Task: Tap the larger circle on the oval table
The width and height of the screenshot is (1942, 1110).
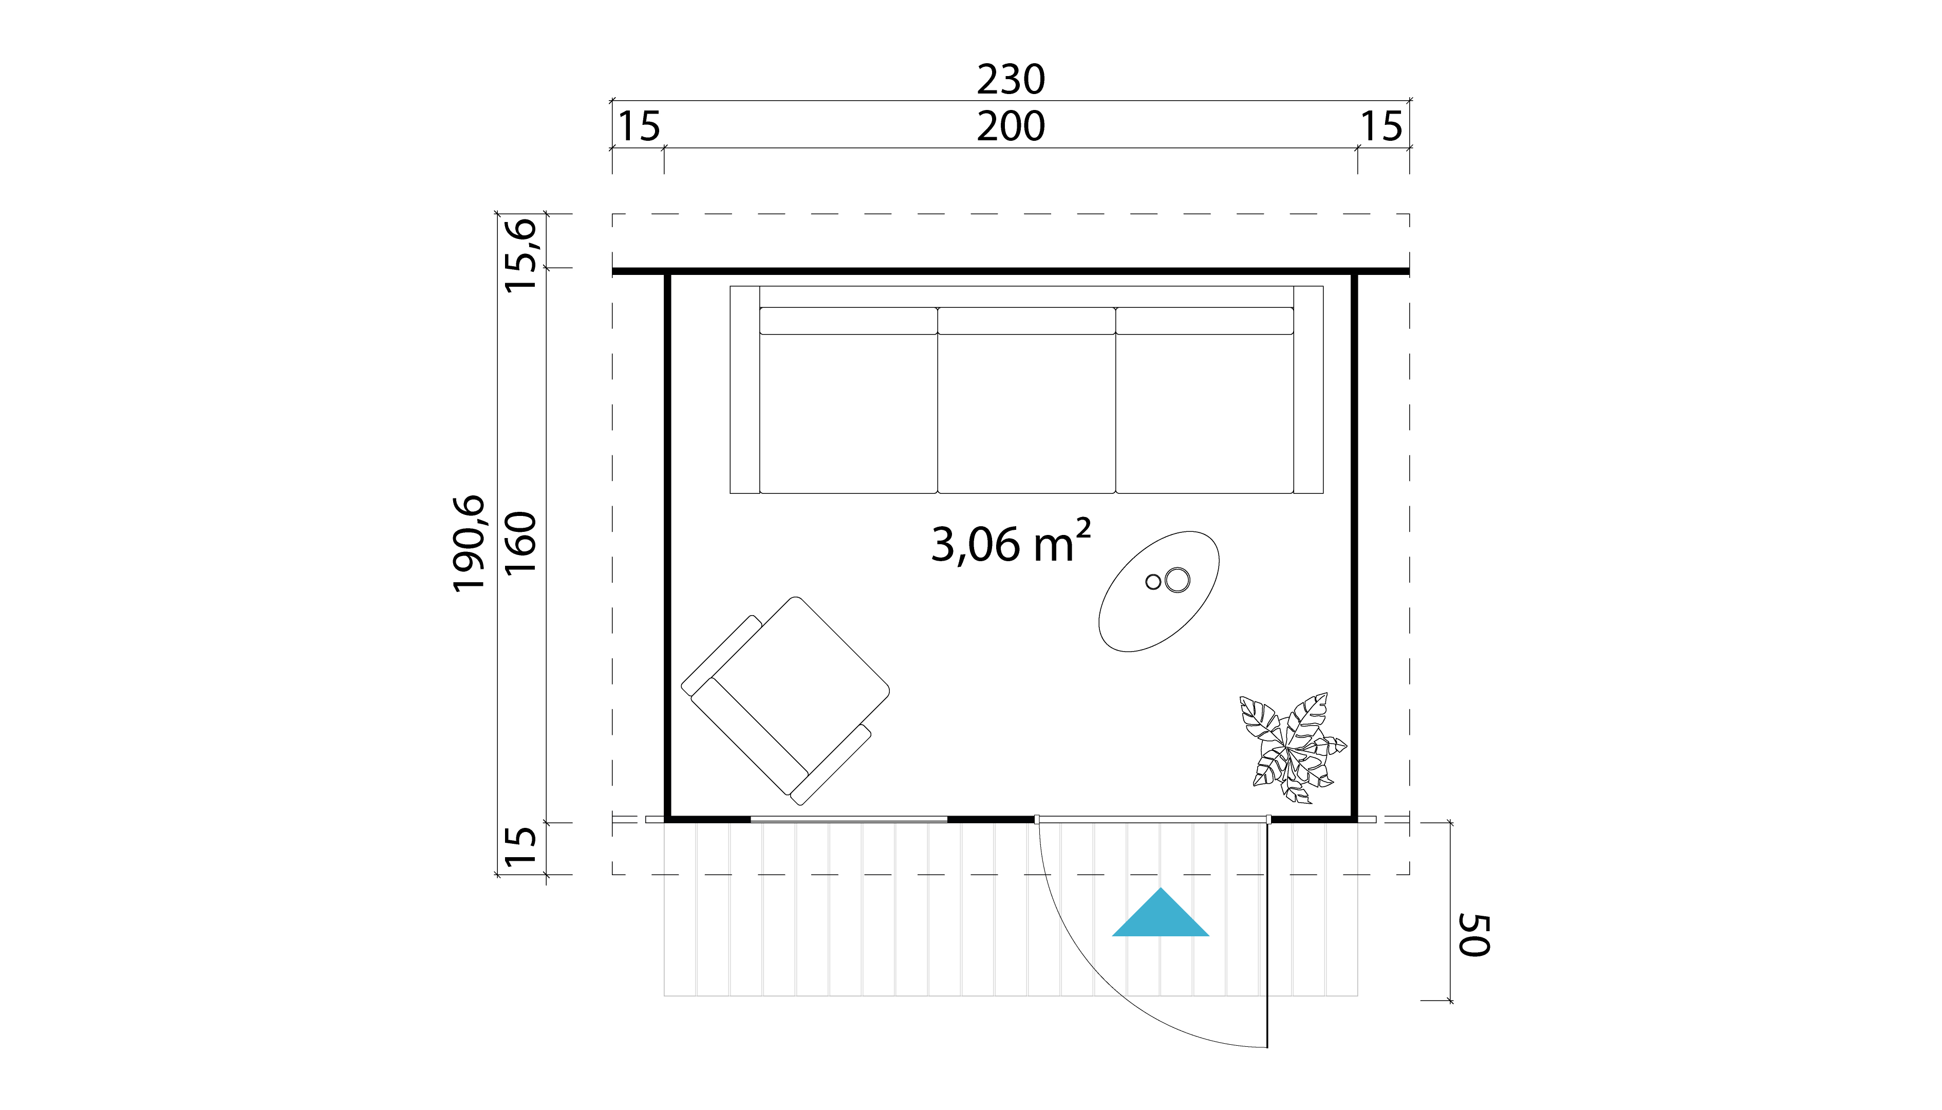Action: (x=1177, y=580)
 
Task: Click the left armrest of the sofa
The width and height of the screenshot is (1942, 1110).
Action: (x=744, y=390)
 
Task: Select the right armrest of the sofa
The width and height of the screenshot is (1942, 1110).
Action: (x=1308, y=390)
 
